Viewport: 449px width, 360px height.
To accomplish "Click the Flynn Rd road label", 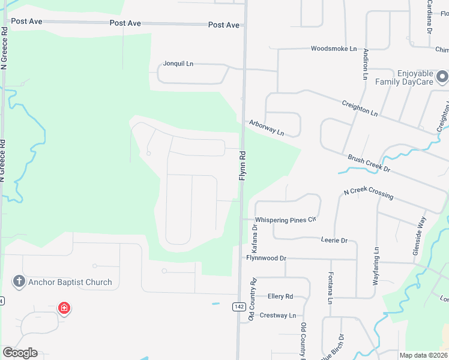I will tap(243, 166).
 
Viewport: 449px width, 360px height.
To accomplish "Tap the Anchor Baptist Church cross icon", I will tap(19, 281).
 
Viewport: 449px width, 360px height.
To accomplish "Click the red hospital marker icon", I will tap(64, 308).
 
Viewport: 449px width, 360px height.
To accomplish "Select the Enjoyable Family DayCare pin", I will tap(442, 77).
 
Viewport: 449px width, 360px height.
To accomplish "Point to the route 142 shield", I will tap(239, 307).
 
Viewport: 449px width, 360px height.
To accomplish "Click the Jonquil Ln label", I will tap(178, 64).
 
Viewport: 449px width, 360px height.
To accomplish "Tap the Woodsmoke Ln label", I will tap(334, 49).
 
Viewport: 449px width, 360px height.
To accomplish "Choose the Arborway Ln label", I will tap(267, 127).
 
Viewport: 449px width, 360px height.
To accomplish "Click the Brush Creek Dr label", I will tap(369, 164).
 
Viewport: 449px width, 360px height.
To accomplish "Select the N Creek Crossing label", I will tap(369, 194).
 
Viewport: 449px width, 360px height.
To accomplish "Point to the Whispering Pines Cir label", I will tap(286, 220).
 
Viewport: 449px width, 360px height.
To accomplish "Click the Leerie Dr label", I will tap(334, 240).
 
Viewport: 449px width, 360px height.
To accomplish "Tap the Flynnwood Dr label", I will tap(267, 258).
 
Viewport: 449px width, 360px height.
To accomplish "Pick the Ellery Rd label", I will tap(280, 296).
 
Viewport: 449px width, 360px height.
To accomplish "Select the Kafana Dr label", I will tap(255, 237).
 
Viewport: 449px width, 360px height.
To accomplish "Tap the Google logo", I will tap(20, 353).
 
